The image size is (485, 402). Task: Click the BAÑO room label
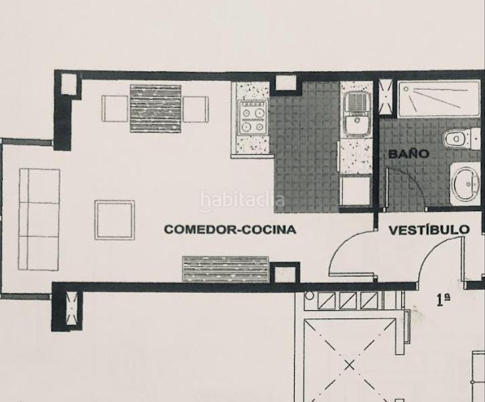coord(408,153)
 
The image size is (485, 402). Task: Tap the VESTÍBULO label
coord(429,229)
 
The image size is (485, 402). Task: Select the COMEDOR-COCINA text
coord(230,229)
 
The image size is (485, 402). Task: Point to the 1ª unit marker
coord(443,299)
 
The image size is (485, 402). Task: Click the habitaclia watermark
coord(242,200)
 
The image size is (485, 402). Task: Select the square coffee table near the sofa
coord(115,220)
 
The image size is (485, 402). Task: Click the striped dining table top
coord(155,108)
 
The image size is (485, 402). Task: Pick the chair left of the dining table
coord(115,109)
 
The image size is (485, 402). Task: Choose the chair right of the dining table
coord(196,109)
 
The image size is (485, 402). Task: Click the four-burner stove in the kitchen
coord(254,119)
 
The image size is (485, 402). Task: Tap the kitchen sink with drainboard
coord(354,114)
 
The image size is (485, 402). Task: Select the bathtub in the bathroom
coord(438,100)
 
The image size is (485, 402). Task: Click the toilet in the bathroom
coord(458,139)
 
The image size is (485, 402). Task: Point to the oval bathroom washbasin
coord(464,181)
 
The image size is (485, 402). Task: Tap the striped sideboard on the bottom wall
coord(226,269)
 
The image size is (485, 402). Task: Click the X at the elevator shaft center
coord(348,365)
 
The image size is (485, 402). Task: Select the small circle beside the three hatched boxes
coord(309,295)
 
